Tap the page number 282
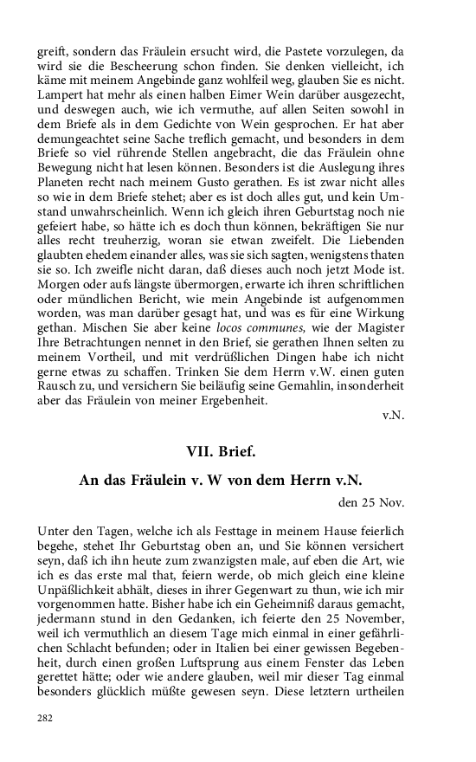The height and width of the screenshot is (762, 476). tap(45, 718)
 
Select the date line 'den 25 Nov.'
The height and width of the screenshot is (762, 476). tap(371, 501)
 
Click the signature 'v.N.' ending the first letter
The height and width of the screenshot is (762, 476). tap(393, 416)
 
